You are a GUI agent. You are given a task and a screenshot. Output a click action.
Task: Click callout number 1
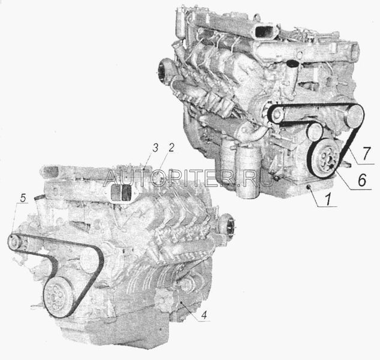pos(328,199)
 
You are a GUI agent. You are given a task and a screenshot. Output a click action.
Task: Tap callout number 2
pos(171,148)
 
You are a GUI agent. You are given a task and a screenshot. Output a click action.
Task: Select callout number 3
pos(155,148)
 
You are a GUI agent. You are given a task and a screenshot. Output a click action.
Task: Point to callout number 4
pos(204,315)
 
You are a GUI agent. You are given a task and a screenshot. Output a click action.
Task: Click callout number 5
pos(23,198)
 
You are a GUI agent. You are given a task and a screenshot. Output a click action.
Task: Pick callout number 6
pos(361,180)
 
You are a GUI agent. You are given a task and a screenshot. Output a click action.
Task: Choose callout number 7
pos(366,153)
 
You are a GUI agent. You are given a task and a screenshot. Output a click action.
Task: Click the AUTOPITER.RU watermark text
pos(189,179)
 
